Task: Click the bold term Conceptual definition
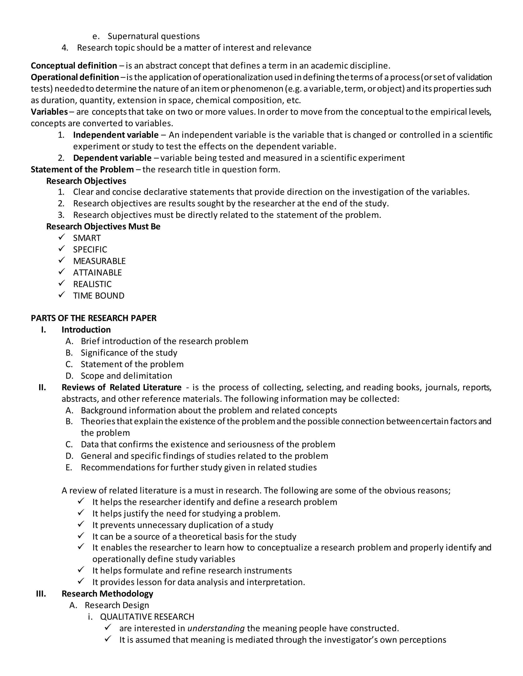pos(74,66)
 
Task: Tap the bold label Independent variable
pos(116,135)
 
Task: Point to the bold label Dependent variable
pos(112,158)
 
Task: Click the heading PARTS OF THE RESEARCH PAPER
pos(93,318)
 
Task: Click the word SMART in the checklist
pos(87,238)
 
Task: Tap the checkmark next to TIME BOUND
pos(62,295)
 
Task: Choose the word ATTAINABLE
pos(97,273)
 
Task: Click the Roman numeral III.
pos(41,594)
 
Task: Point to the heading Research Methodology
pos(107,594)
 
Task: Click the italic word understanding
pos(216,628)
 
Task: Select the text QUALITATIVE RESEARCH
pos(147,617)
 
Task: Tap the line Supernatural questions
pos(153,36)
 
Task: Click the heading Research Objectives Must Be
pos(103,227)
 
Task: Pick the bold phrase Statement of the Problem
pos(82,170)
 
